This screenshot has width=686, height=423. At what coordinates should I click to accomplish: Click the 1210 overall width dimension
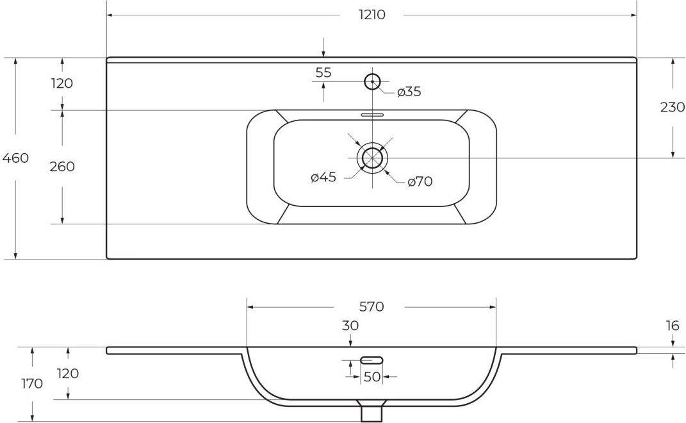point(372,15)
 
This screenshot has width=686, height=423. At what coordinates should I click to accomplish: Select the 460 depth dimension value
point(16,158)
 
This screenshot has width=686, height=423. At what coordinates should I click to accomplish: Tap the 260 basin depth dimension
point(62,167)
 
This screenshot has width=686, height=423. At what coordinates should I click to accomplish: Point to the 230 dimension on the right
point(672,107)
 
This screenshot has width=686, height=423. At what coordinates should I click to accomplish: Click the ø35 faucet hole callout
point(409,92)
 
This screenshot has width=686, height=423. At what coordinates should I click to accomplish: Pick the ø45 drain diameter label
point(323,178)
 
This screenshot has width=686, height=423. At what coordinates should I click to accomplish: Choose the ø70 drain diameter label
point(420,181)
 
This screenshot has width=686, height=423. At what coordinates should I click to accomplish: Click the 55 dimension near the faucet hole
point(323,72)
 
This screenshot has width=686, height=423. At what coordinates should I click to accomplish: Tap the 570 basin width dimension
point(372,306)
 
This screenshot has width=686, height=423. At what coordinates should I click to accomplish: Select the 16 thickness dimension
point(673,326)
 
